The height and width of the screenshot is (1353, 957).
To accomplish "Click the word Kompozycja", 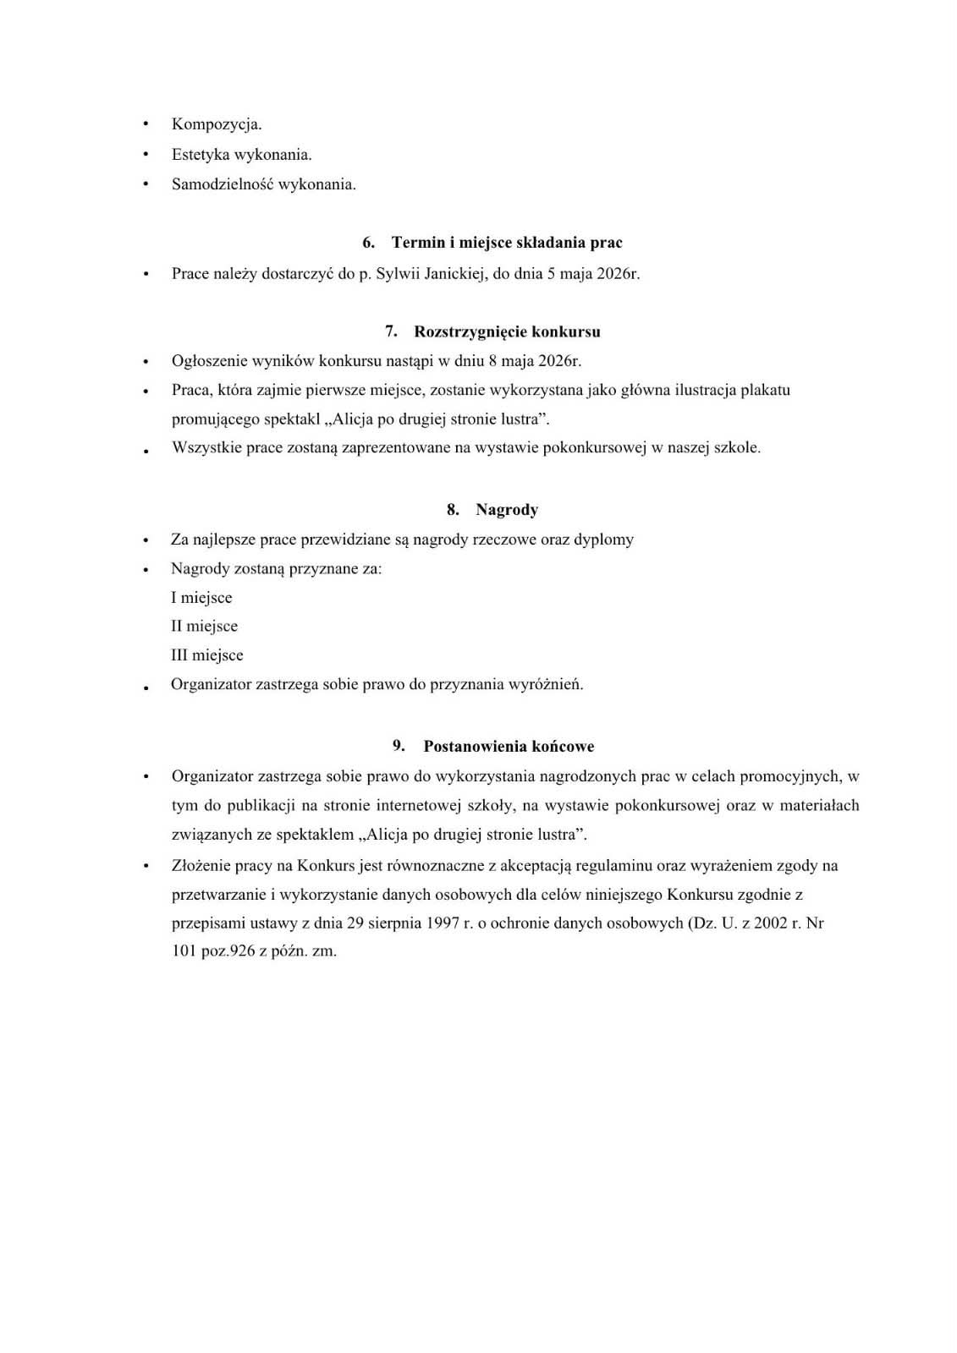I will [217, 124].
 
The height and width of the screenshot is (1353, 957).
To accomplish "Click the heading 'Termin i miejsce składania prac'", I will [507, 243].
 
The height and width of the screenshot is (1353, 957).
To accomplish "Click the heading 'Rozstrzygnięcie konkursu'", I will [507, 331].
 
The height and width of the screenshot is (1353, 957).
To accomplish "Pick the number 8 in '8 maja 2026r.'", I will [493, 361].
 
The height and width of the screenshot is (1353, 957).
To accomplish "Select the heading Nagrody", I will [507, 510].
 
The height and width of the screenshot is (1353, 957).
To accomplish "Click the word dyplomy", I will [603, 540].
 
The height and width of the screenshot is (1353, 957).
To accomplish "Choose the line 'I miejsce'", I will [201, 598].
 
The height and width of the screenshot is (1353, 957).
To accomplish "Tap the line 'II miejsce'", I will [204, 627].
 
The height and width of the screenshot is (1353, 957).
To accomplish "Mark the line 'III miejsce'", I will [207, 655].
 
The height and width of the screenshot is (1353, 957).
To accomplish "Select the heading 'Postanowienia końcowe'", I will [509, 747].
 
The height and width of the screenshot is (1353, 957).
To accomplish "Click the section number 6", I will [368, 243].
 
